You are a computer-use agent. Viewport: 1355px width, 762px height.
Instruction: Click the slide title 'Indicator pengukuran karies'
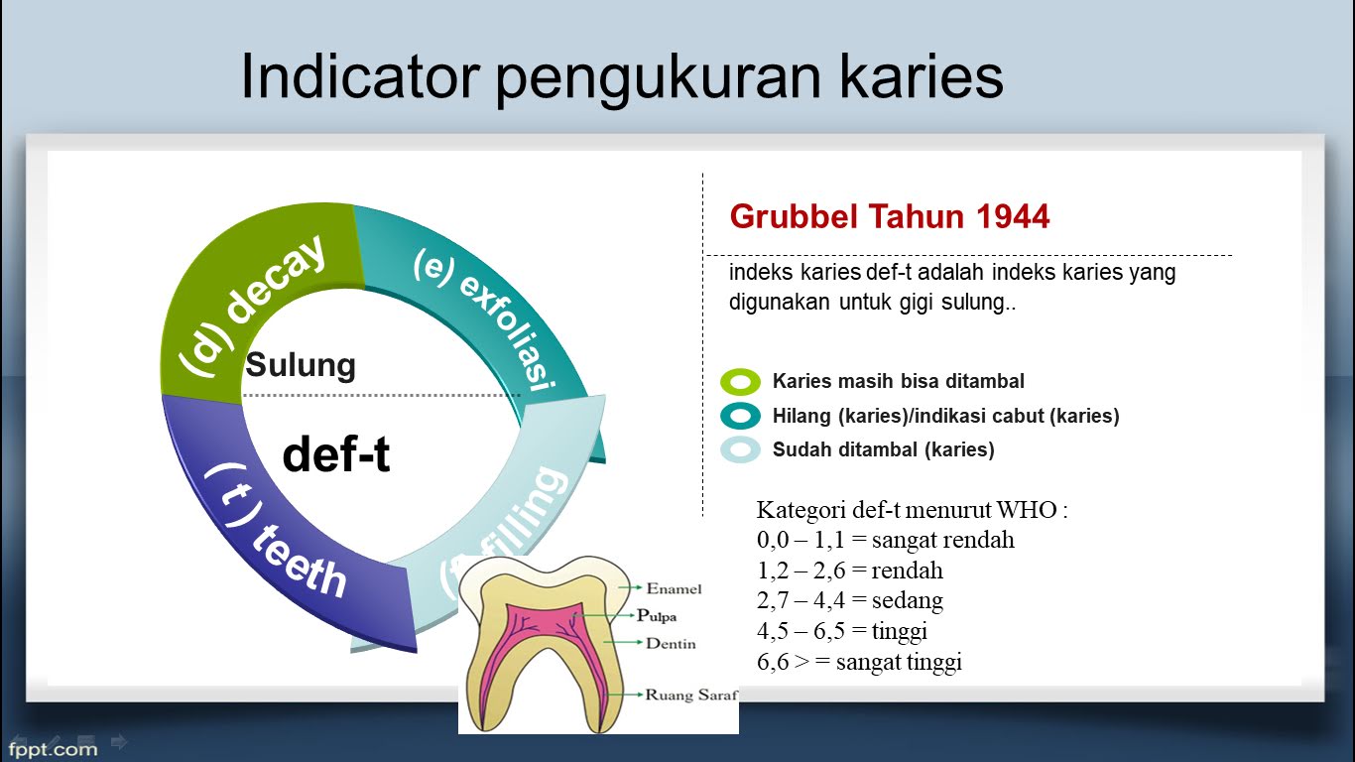point(622,77)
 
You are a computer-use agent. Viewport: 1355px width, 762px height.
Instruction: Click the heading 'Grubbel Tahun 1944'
point(889,216)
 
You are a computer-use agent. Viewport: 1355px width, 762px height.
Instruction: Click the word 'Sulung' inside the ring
point(301,365)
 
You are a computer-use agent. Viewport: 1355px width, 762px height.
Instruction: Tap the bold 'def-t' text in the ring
point(336,454)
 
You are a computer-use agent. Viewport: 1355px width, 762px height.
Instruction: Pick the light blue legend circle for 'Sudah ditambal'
point(740,450)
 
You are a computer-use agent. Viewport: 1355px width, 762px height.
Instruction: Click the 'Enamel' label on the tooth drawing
point(674,588)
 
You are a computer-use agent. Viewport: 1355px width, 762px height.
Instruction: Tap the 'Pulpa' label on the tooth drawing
point(656,616)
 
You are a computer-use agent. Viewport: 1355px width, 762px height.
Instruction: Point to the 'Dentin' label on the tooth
point(671,644)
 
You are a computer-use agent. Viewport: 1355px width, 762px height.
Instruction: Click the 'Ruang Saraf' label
point(691,695)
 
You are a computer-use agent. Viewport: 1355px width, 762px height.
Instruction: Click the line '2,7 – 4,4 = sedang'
point(849,600)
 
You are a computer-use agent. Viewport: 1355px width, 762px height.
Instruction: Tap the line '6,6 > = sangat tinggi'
point(859,662)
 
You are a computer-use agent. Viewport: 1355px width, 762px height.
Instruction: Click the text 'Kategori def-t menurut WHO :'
point(912,510)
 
